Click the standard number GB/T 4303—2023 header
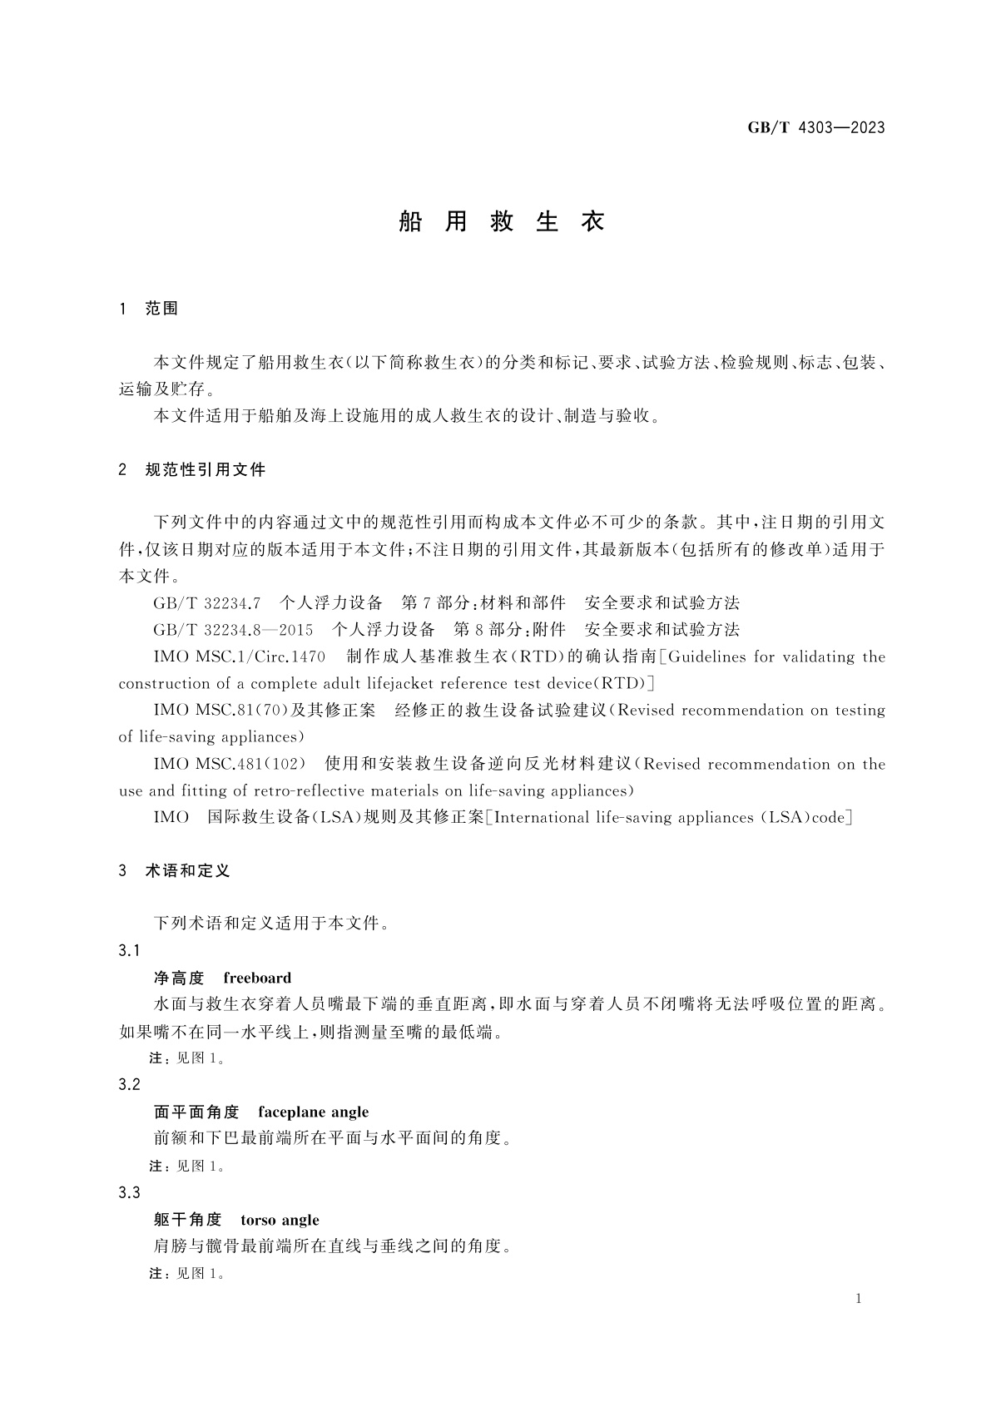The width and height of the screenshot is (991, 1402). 815,127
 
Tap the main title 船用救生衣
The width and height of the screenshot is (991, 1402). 502,222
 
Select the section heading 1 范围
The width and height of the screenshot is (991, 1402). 150,309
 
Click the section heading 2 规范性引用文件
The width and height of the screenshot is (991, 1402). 192,470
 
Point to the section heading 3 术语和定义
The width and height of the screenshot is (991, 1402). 175,871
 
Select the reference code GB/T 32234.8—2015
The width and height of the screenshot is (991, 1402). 233,630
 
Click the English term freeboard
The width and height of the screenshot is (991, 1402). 257,978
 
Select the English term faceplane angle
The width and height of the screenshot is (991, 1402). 313,1112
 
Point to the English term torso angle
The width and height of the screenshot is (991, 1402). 280,1221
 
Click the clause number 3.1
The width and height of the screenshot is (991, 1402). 129,951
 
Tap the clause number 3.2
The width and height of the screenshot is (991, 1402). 129,1085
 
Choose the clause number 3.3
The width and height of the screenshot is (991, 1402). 129,1193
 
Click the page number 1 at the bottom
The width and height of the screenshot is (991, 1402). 860,1300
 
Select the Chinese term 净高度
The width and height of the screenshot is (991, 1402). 179,978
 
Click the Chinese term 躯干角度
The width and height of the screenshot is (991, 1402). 188,1221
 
